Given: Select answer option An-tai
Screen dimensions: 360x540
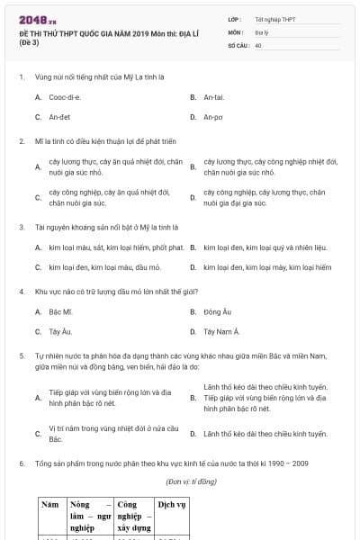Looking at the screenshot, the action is (213, 96).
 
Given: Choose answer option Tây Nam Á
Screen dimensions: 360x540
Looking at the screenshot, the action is (221, 331).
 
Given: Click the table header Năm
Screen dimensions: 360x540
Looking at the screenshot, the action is (50, 505).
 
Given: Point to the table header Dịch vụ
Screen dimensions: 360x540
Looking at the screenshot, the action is (171, 505).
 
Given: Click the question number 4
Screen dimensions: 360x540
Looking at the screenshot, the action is (21, 292).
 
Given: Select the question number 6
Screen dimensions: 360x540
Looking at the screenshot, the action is (21, 463).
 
